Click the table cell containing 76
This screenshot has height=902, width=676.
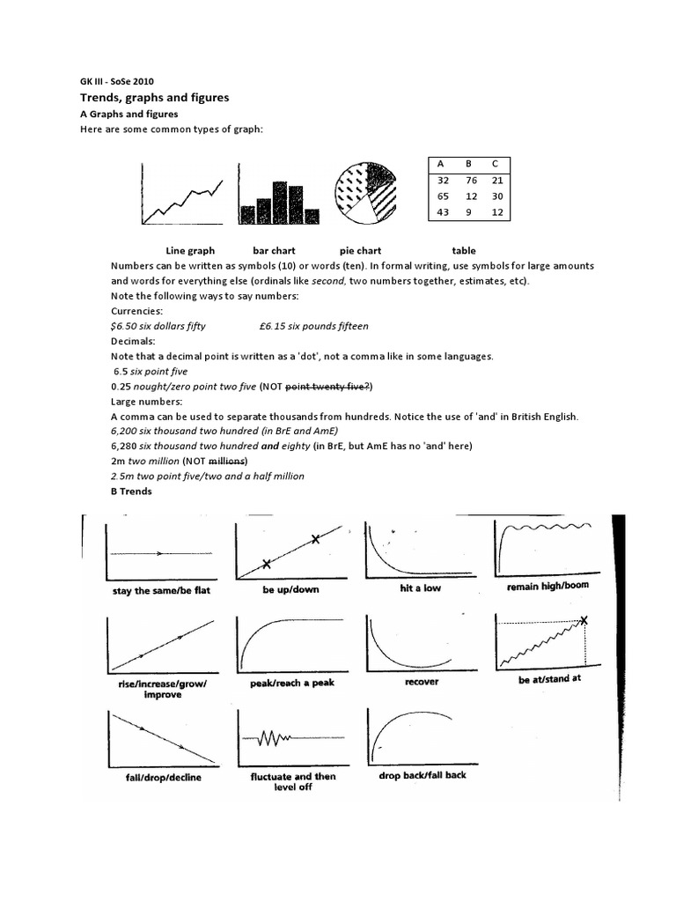(x=472, y=181)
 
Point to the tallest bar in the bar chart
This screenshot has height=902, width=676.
(x=280, y=202)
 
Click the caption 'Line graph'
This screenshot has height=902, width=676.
(x=190, y=251)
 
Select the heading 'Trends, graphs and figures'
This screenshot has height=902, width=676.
(x=154, y=98)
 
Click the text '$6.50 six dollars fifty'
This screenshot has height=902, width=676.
(x=158, y=326)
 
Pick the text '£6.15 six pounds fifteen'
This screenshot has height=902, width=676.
(x=314, y=326)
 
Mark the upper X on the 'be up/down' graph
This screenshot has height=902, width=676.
(x=314, y=540)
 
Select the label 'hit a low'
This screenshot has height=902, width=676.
(x=420, y=588)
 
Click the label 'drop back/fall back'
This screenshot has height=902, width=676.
(x=422, y=775)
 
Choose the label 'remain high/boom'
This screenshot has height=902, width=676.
(x=547, y=586)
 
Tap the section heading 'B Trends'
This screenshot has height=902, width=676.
(x=131, y=492)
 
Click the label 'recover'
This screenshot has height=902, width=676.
(x=421, y=682)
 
